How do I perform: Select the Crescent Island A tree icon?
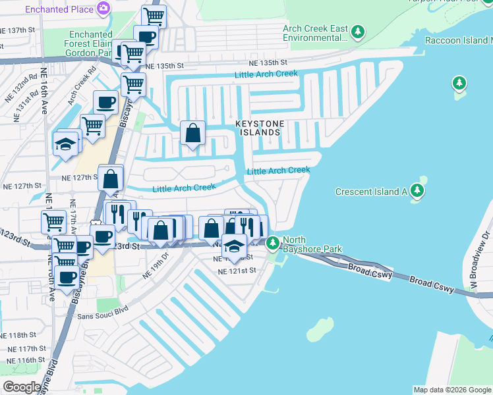[x=417, y=192]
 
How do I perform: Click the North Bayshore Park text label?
[x=312, y=245]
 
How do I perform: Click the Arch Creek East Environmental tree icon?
[x=357, y=31]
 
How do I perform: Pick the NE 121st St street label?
[x=236, y=271]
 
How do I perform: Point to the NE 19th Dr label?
[x=156, y=267]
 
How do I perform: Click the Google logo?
[x=21, y=387]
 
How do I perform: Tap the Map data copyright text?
[x=451, y=390]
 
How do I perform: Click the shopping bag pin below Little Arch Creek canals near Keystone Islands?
[x=192, y=133]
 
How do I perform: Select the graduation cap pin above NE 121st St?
[x=233, y=247]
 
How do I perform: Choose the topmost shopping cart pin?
[x=154, y=15]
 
